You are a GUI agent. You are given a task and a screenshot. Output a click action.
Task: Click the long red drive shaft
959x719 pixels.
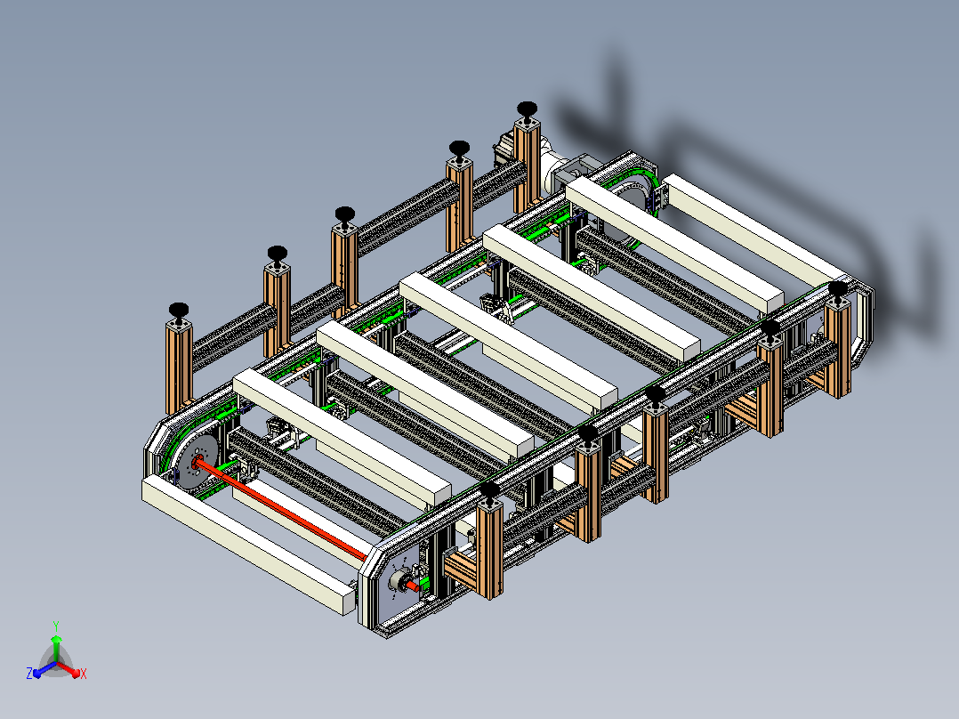[281, 509]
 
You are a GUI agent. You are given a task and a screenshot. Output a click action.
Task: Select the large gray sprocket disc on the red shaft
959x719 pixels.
[197, 462]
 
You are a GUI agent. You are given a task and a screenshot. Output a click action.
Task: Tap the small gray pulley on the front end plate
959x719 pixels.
[400, 581]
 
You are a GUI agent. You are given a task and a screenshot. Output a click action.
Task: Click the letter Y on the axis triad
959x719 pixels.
[56, 626]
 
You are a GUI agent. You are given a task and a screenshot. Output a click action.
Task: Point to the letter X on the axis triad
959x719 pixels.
[84, 674]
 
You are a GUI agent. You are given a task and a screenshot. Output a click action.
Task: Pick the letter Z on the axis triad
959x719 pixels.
[28, 673]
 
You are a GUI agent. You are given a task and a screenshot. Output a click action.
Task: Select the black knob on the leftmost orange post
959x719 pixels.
[179, 311]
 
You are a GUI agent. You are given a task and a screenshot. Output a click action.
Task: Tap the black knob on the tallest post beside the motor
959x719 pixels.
[527, 110]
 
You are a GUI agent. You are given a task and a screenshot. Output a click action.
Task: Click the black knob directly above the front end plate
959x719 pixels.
[489, 491]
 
